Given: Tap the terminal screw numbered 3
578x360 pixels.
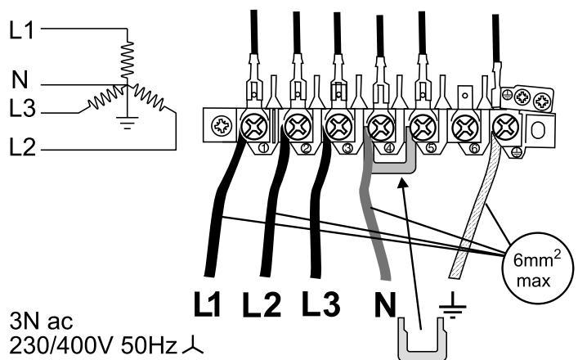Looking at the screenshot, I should click(336, 126).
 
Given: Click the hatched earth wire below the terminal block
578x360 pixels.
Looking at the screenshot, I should click(474, 213).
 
